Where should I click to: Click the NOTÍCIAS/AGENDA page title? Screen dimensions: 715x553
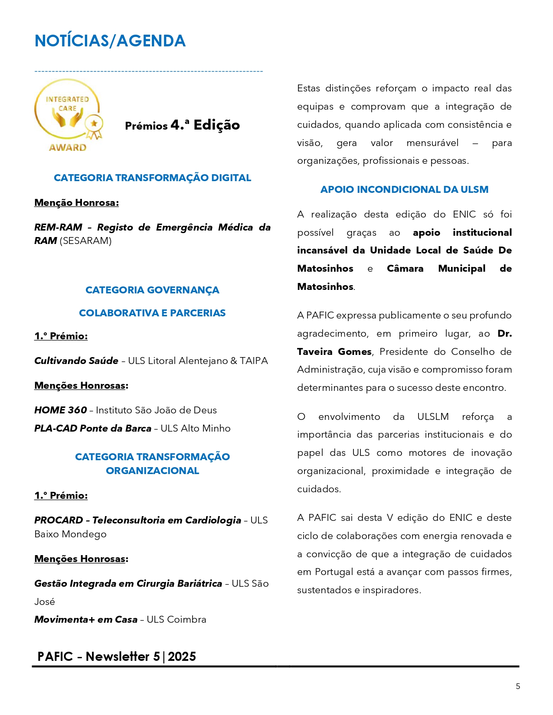[110, 41]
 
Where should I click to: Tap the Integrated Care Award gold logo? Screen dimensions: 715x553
[69, 115]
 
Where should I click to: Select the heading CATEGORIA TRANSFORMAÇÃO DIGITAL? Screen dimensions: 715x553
[152, 178]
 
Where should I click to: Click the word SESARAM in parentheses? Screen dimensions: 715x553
[85, 241]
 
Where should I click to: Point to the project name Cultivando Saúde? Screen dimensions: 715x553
[76, 361]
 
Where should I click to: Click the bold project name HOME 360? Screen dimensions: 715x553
[61, 410]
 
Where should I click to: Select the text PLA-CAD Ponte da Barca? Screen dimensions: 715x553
[93, 429]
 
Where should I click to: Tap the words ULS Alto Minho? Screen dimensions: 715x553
[196, 429]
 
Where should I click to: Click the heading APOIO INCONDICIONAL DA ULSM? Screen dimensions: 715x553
[404, 189]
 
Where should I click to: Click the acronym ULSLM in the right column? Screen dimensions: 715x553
[433, 417]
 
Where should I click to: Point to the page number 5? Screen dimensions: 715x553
[518, 686]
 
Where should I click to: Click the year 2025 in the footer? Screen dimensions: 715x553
[182, 657]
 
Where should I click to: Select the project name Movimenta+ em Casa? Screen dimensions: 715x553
[86, 620]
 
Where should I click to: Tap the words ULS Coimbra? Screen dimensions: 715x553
[177, 620]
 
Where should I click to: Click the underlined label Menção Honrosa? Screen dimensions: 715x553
[76, 203]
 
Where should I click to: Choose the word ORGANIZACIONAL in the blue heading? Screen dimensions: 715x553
[152, 471]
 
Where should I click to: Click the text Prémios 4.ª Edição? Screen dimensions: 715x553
[182, 125]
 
